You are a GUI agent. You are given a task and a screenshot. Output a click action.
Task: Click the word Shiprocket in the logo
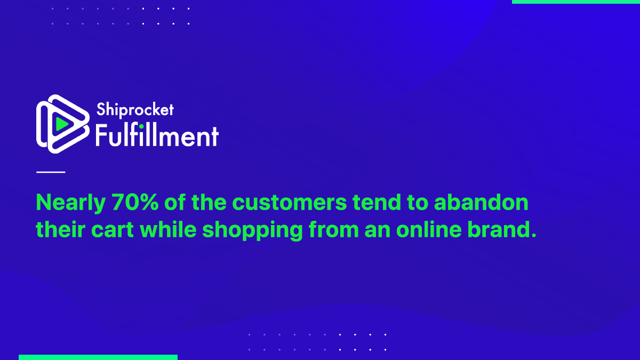[135, 110]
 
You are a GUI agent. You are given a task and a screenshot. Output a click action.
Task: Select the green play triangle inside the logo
[61, 124]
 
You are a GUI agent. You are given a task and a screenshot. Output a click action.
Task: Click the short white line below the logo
[51, 172]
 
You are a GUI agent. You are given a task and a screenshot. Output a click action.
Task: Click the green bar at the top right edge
[575, 2]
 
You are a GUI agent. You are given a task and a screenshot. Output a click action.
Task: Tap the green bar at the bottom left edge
[98, 357]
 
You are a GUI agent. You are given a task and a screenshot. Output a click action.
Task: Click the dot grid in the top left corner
[121, 16]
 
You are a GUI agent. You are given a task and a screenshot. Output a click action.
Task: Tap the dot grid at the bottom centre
[317, 342]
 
